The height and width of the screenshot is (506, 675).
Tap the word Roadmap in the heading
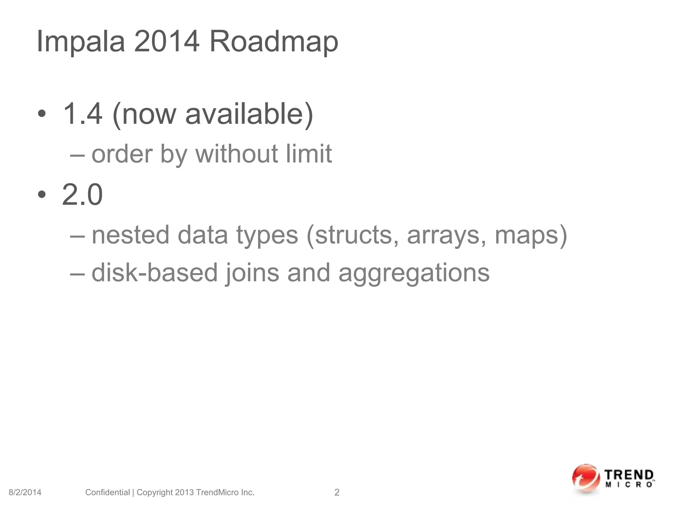(x=274, y=42)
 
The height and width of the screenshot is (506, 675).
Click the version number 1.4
(x=82, y=114)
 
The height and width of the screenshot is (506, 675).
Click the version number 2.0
(x=82, y=195)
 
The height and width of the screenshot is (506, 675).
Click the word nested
(x=131, y=235)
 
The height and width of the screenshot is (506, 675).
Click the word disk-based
(x=155, y=273)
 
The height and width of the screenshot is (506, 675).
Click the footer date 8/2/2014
(x=25, y=492)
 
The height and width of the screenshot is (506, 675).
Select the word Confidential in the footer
(x=107, y=492)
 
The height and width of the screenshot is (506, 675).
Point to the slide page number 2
(x=337, y=492)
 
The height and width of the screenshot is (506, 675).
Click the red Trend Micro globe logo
(x=585, y=479)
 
